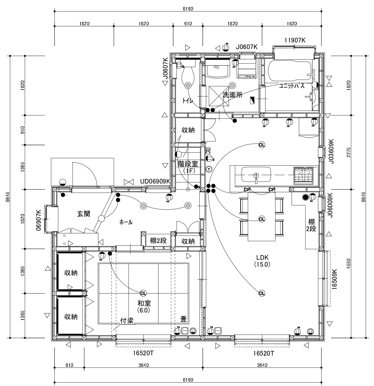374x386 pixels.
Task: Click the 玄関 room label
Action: point(83,214)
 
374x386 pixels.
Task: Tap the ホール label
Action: point(126,222)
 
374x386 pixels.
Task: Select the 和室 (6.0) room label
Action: point(144,307)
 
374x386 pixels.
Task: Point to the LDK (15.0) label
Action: point(262,261)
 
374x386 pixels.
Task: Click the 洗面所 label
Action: point(233,95)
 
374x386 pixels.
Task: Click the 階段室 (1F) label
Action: point(188,167)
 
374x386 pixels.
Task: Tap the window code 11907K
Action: point(295,41)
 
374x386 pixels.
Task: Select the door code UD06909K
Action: point(155,181)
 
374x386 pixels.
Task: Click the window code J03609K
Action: point(331,151)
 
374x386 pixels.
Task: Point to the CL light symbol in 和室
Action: point(143,293)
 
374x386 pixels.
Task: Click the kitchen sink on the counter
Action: point(256,174)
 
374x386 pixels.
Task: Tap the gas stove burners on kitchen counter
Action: point(303,175)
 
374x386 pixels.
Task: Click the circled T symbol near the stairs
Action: point(209,169)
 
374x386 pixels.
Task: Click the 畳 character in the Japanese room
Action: point(183,319)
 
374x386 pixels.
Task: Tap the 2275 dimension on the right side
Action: point(348,152)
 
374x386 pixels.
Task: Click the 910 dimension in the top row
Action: point(188,24)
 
